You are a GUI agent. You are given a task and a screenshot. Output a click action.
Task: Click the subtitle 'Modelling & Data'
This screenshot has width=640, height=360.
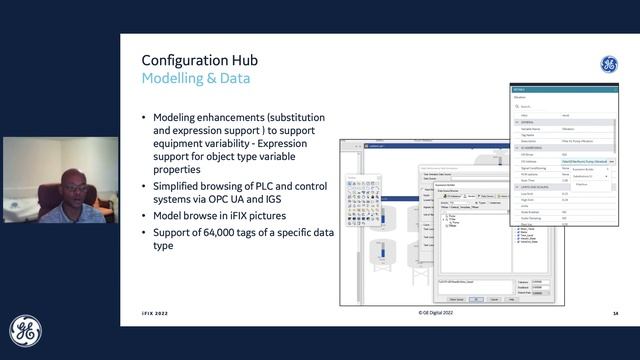[196, 78]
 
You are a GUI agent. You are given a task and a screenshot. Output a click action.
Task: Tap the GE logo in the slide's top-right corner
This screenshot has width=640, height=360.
[608, 65]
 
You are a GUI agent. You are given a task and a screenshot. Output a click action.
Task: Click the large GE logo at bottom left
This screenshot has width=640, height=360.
[26, 332]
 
